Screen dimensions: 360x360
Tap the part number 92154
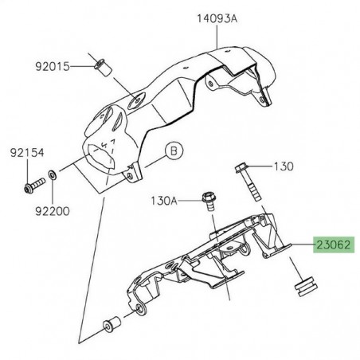pyautogui.click(x=25, y=148)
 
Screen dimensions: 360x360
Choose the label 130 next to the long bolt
pyautogui.click(x=284, y=166)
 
